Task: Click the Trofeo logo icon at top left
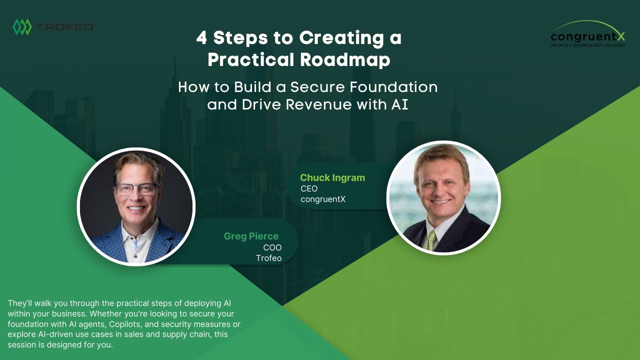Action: coord(22,27)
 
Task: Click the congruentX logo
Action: coord(588,34)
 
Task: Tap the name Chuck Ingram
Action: coord(332,177)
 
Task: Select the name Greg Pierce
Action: coord(251,236)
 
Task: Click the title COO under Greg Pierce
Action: coord(272,247)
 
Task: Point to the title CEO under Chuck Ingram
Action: coord(309,189)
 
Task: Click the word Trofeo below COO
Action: coord(268,258)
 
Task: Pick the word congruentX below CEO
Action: coord(323,199)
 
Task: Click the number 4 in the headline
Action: coord(201,38)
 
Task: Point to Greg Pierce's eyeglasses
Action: coord(136,189)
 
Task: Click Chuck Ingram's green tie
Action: coord(430,239)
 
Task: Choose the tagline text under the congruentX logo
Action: coord(588,45)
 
